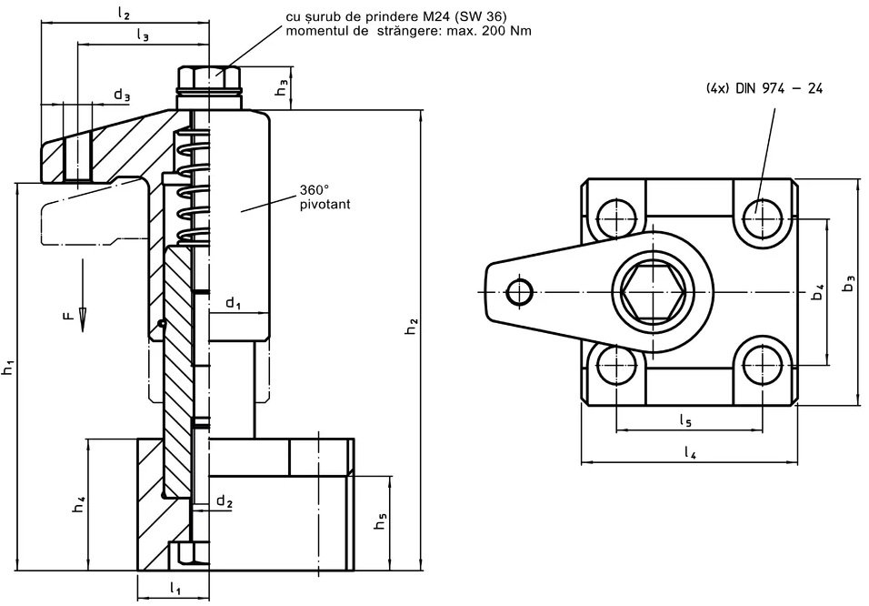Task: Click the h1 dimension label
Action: (x=8, y=368)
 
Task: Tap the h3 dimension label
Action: (x=284, y=88)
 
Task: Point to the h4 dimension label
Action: (x=79, y=503)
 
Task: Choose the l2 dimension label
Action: (x=125, y=14)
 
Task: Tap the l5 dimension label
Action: (x=686, y=420)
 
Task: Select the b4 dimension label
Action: (x=817, y=291)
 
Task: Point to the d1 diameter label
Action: (x=233, y=301)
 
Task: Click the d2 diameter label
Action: (x=225, y=502)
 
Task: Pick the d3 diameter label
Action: (x=122, y=95)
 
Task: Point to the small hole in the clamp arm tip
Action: (x=520, y=291)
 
